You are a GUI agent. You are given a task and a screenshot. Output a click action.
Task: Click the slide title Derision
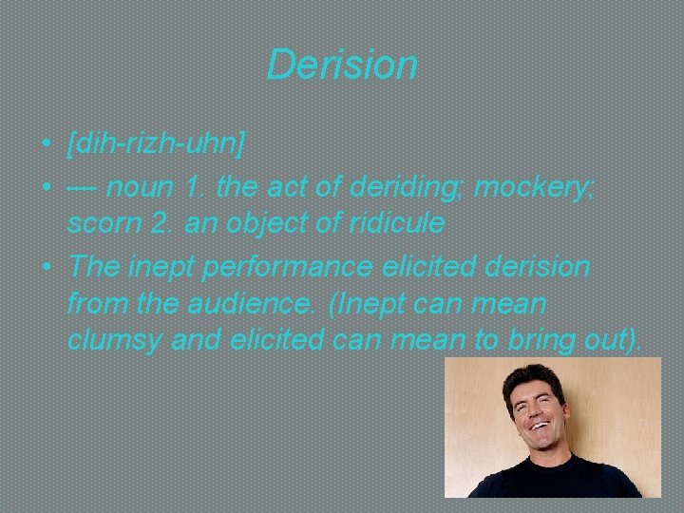pos(342,65)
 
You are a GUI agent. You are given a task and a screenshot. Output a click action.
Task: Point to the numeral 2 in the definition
pos(173,224)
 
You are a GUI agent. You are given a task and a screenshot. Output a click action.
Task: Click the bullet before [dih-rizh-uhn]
pos(46,145)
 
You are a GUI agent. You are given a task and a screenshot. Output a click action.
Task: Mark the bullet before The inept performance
pos(46,268)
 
